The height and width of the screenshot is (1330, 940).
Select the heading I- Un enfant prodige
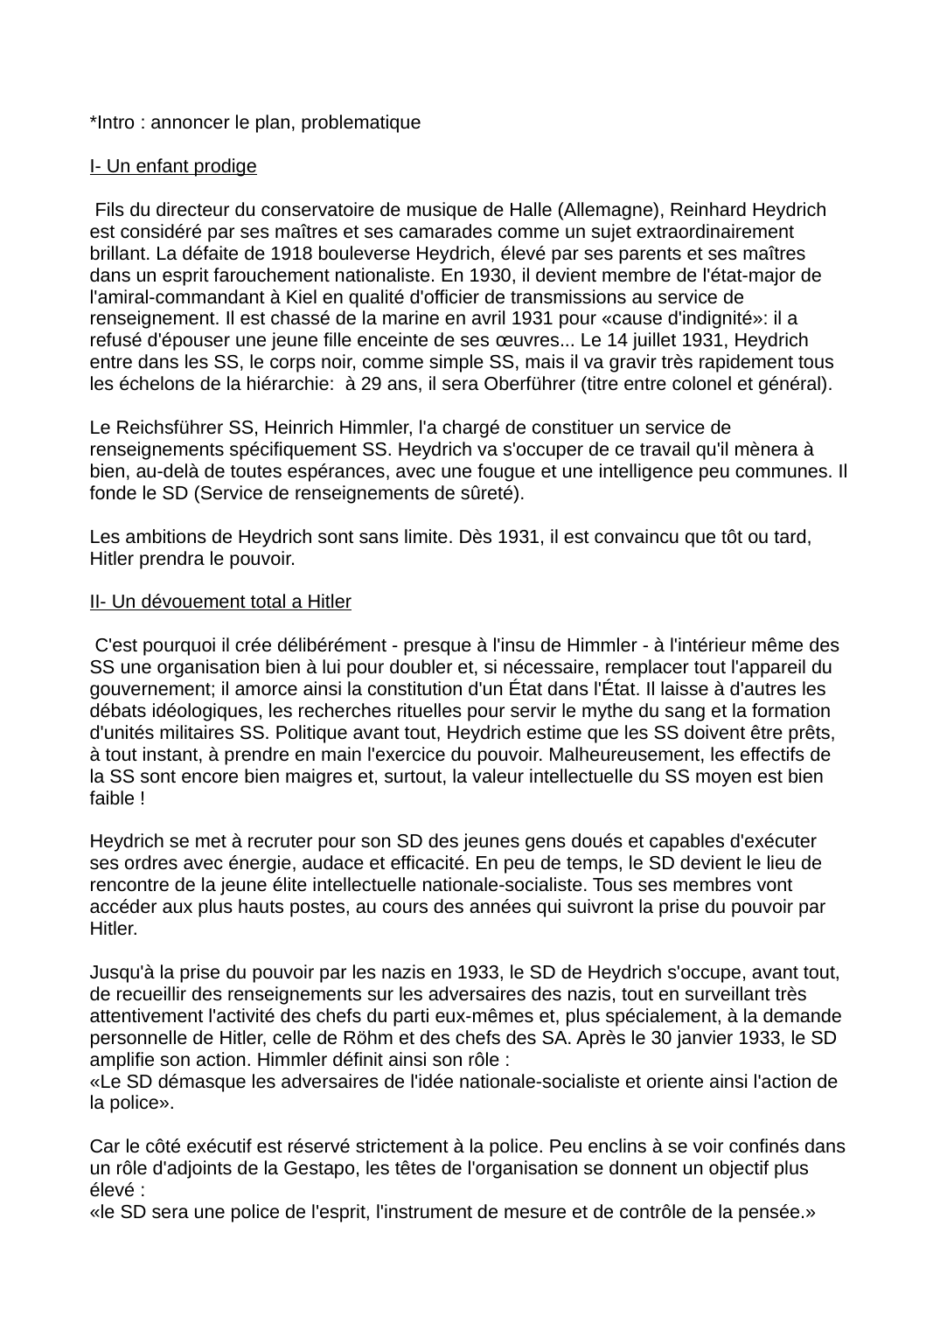click(173, 166)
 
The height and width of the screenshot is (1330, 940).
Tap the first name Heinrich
click(295, 428)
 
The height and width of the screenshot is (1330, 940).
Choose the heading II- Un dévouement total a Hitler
click(220, 602)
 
